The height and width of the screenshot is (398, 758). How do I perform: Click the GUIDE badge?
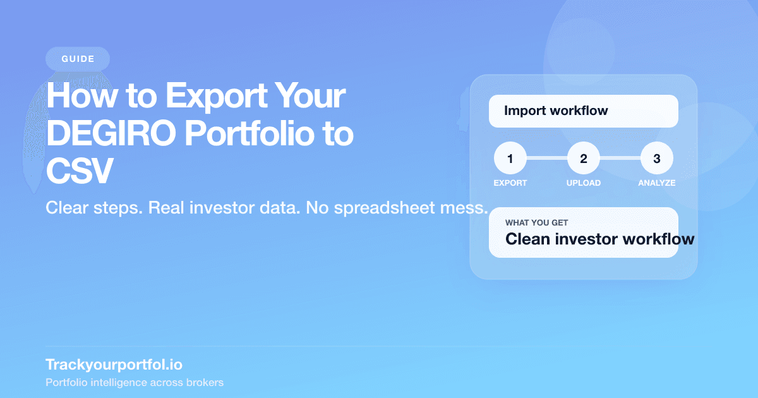[78, 59]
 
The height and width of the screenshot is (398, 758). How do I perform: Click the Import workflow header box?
[583, 111]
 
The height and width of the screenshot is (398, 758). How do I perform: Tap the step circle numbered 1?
[510, 159]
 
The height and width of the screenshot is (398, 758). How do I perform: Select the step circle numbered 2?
[583, 159]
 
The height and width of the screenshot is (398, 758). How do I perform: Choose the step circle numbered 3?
[656, 159]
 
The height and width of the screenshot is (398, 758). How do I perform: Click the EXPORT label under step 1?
[510, 183]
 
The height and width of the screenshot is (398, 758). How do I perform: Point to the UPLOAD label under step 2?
[583, 183]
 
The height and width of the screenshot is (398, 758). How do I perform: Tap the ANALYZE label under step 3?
[656, 183]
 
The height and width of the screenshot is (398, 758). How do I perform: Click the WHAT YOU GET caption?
[536, 223]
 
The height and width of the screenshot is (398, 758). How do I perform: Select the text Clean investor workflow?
[599, 239]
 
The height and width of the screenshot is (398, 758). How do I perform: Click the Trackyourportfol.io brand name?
[114, 365]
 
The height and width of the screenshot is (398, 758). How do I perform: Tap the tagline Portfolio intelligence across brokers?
[135, 383]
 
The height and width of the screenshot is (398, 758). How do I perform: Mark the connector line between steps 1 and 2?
[546, 159]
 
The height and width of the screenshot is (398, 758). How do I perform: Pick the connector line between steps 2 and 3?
[620, 159]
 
